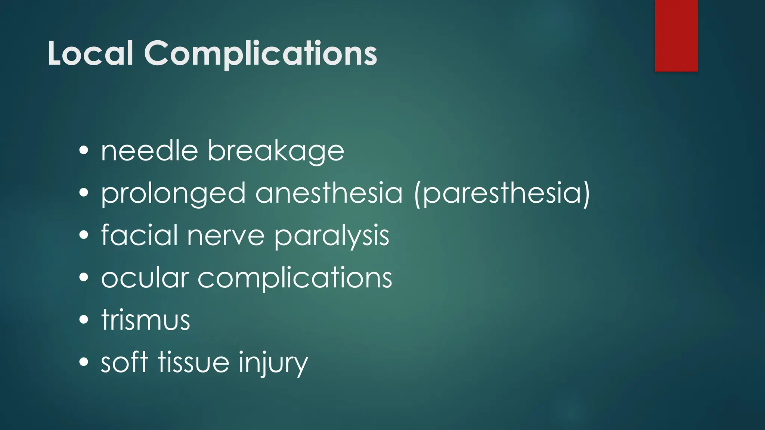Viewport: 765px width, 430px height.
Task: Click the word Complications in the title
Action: (x=260, y=54)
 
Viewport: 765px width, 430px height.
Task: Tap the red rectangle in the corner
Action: (x=676, y=35)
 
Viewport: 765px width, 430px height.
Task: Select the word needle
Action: (x=149, y=151)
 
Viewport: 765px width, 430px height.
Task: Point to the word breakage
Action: (x=276, y=152)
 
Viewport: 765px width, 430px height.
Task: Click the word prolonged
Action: (x=173, y=193)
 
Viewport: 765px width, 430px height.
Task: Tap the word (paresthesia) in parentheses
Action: (x=502, y=193)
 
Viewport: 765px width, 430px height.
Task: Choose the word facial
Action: (x=139, y=235)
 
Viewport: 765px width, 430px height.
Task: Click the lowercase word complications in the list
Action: (x=295, y=278)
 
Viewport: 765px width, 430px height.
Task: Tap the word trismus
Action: (x=146, y=320)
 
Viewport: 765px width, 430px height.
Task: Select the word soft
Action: (x=124, y=362)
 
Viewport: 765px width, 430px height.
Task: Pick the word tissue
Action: (x=193, y=362)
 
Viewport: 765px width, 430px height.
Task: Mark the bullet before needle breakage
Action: (x=84, y=151)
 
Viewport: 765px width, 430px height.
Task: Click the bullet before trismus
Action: (x=84, y=320)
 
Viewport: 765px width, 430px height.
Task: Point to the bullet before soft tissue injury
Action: (x=84, y=362)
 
